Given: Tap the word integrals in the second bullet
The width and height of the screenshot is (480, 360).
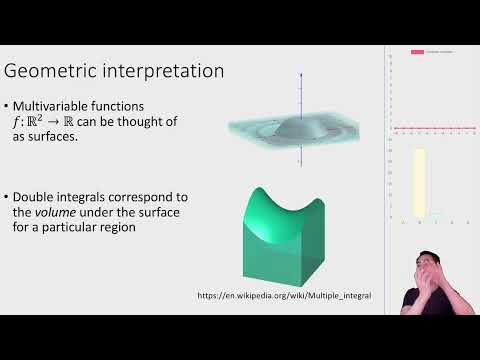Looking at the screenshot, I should coord(93,196).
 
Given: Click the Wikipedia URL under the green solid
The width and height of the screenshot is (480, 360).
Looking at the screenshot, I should coord(278,296).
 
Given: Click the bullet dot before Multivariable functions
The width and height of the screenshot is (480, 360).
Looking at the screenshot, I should coord(8,105).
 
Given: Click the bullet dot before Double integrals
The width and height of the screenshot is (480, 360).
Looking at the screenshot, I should coord(8,196).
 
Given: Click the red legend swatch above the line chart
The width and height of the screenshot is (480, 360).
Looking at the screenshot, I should coord(417,51).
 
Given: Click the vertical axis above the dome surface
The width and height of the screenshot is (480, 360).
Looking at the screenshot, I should coord(301,95).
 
